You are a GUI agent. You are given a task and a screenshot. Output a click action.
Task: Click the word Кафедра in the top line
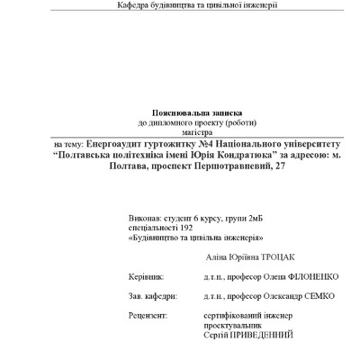coord(135,5)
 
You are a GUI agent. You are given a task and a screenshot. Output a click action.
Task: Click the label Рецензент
coord(148,316)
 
